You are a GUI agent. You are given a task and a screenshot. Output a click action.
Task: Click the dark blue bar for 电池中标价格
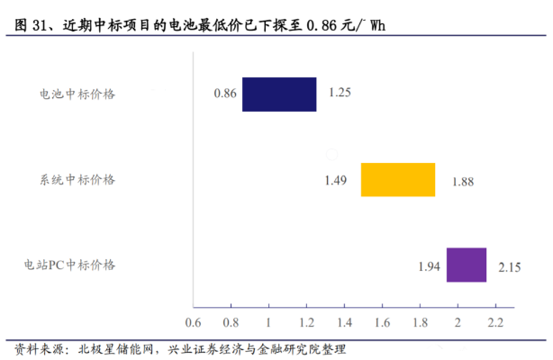click(x=279, y=94)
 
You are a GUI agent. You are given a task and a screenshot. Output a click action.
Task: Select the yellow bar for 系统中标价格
click(x=398, y=179)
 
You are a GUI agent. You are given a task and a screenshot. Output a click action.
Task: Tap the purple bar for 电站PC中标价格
click(x=467, y=265)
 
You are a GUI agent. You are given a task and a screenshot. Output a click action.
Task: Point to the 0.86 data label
click(x=224, y=94)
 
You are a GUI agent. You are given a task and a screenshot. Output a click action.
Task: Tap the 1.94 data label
click(x=430, y=265)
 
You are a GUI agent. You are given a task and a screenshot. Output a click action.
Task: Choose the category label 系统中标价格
click(x=77, y=179)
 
